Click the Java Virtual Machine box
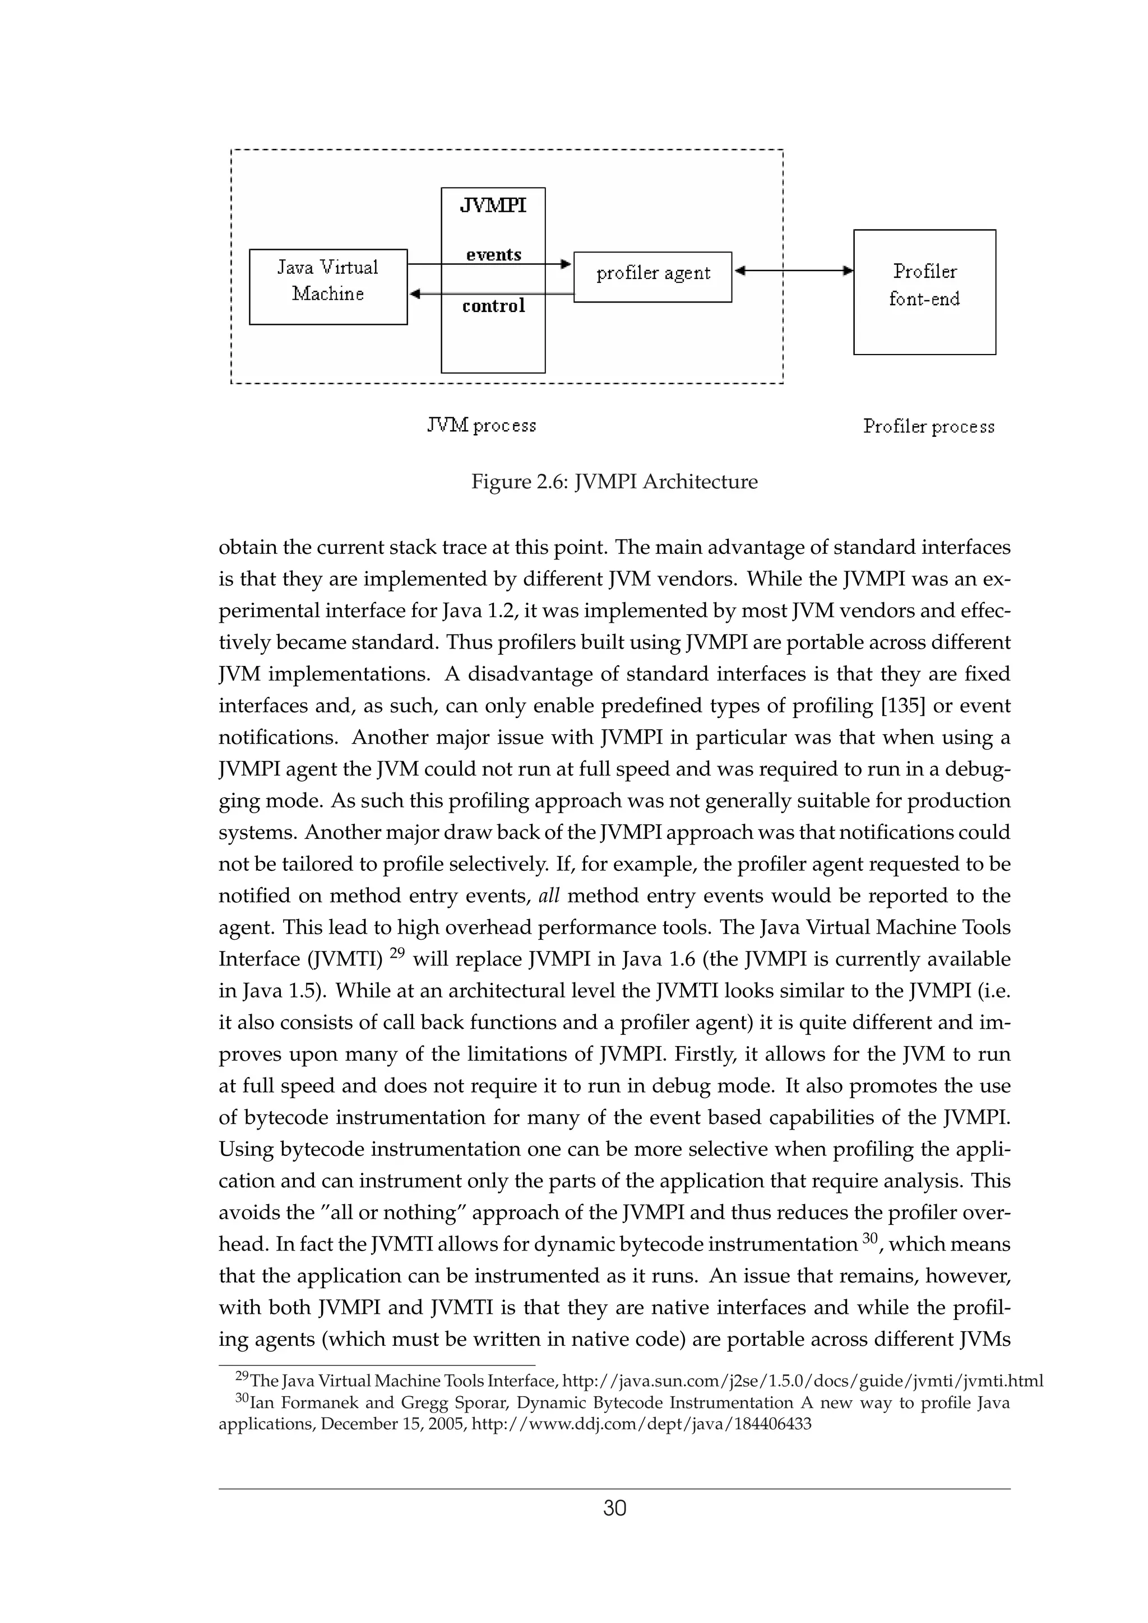328,286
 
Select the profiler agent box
652,277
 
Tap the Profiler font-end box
924,291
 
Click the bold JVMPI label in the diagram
493,206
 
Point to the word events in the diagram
493,254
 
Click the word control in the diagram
493,306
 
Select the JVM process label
482,426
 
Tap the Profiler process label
928,426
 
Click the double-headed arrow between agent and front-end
793,270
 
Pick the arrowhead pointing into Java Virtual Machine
416,293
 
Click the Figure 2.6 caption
614,482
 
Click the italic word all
549,896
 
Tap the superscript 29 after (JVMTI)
397,952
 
